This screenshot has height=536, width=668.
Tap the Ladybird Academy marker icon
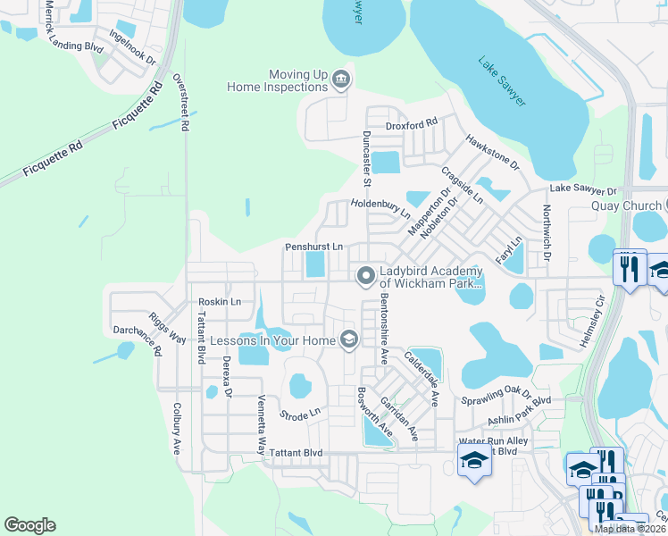click(x=365, y=277)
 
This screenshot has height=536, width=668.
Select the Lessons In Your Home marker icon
click(x=349, y=339)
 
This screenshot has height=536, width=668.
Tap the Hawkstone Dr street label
click(x=492, y=152)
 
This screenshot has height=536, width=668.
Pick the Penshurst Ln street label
click(x=313, y=247)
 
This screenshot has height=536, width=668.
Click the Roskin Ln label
click(x=220, y=302)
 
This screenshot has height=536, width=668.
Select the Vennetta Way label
click(x=262, y=425)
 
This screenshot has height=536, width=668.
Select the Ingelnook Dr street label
click(x=132, y=48)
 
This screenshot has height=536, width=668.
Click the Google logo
click(x=29, y=525)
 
